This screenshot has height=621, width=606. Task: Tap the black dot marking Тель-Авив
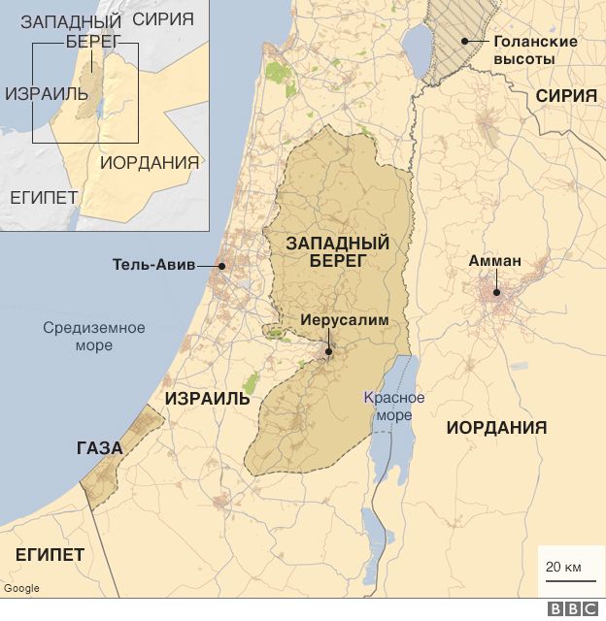221,264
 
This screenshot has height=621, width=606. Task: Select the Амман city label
494,260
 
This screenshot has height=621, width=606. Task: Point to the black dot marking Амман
496,292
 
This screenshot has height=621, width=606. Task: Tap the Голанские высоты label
535,50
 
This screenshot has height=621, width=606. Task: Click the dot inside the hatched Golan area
465,41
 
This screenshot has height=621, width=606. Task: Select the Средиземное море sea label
94,336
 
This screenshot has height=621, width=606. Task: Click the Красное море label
393,407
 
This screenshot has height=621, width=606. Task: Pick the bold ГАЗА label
99,448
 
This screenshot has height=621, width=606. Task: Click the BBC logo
572,609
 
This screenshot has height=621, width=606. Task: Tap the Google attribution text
20,588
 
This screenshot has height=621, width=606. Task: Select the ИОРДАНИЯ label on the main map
495,427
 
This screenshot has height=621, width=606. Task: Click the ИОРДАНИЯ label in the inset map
150,162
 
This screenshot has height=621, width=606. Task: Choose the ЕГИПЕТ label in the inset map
44,197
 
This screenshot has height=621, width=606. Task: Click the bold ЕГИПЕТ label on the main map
49,554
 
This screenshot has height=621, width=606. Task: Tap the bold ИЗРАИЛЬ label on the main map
207,399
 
